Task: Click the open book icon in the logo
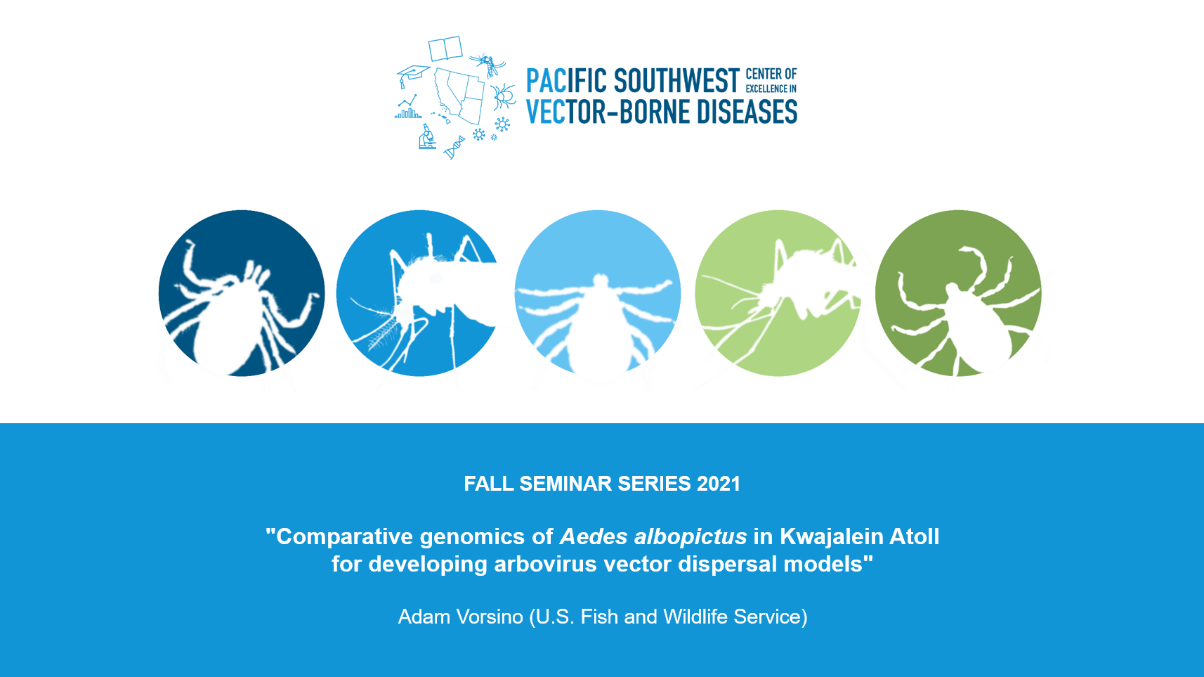click(x=445, y=49)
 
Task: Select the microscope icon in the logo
click(x=427, y=136)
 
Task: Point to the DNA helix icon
click(x=454, y=148)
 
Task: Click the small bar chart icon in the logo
click(x=408, y=107)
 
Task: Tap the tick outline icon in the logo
click(x=503, y=97)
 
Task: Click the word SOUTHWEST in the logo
click(x=676, y=81)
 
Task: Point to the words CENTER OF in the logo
click(x=771, y=75)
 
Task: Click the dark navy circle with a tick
click(x=242, y=293)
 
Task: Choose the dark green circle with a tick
click(x=958, y=293)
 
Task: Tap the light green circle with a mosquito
click(x=778, y=293)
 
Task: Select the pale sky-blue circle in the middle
click(x=598, y=293)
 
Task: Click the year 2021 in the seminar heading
click(x=719, y=484)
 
